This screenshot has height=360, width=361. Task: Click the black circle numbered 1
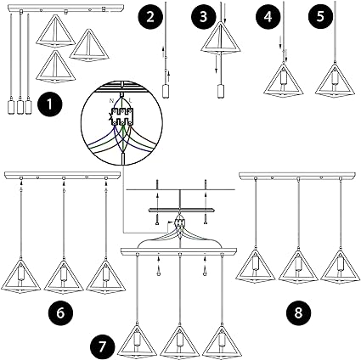[53, 107]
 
